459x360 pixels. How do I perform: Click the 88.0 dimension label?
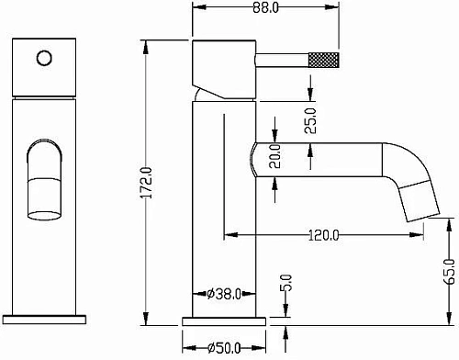coord(265,8)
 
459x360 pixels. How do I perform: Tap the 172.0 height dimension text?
coord(146,183)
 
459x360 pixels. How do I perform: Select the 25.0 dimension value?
coord(310,120)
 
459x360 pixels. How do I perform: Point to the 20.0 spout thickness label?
coord(274,156)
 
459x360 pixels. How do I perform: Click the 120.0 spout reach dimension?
coord(324,235)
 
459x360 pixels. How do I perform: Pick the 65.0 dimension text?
coord(450,272)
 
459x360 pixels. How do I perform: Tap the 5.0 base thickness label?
coord(286,282)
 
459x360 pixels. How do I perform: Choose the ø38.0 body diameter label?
coord(224,294)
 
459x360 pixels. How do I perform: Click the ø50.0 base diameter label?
coord(224,348)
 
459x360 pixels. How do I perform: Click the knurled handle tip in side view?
coord(323,59)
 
